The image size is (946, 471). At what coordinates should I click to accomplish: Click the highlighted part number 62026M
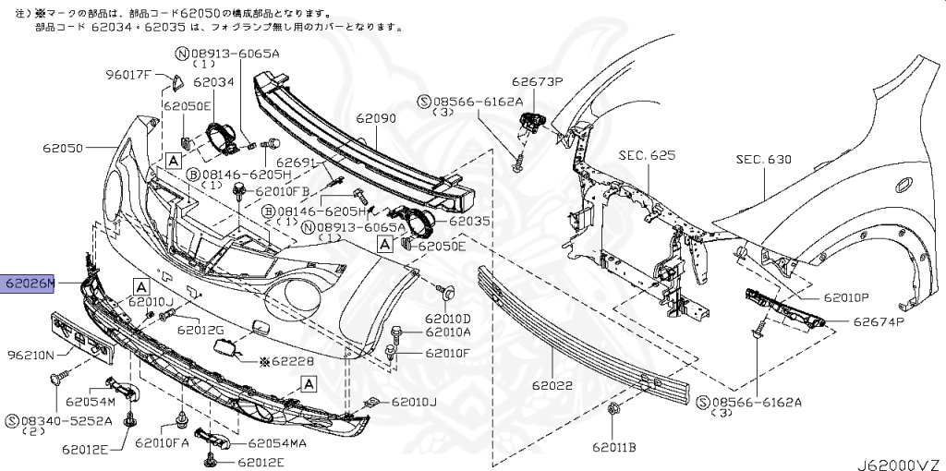coord(29,284)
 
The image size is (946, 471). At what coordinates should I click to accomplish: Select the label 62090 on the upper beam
coord(376,119)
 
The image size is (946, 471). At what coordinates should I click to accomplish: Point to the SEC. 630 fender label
coord(764,159)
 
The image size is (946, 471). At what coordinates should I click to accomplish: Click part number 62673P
coord(540,81)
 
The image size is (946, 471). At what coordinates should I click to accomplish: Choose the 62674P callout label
coord(878,322)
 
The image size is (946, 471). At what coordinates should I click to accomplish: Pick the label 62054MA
coord(277,441)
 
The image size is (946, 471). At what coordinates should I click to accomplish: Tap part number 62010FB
coord(283,191)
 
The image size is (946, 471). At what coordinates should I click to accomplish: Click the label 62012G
coord(201,329)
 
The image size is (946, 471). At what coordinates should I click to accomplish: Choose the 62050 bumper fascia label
coord(63,147)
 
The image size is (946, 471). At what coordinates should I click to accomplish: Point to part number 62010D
coord(448,318)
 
